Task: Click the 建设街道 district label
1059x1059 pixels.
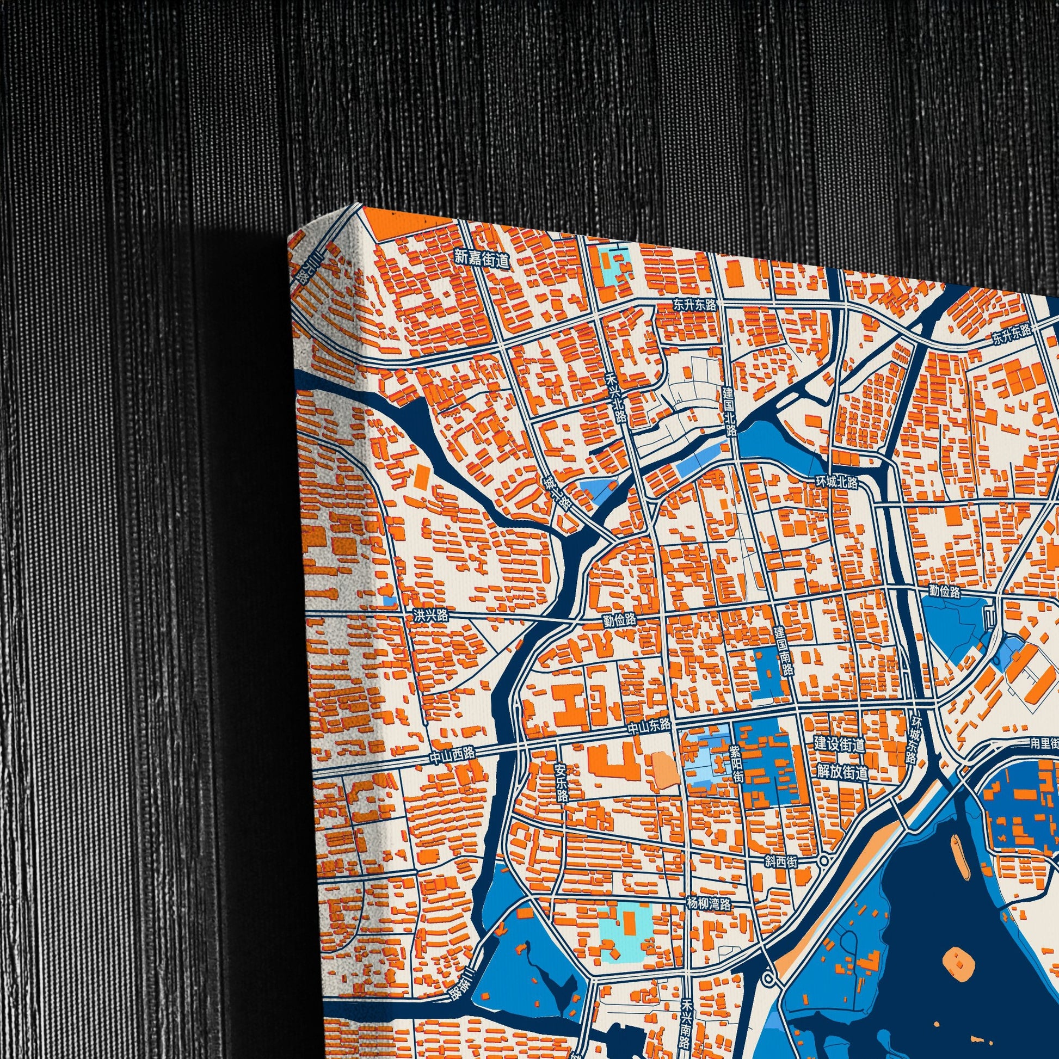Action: [x=839, y=744]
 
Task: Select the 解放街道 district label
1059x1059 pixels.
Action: [x=842, y=773]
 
